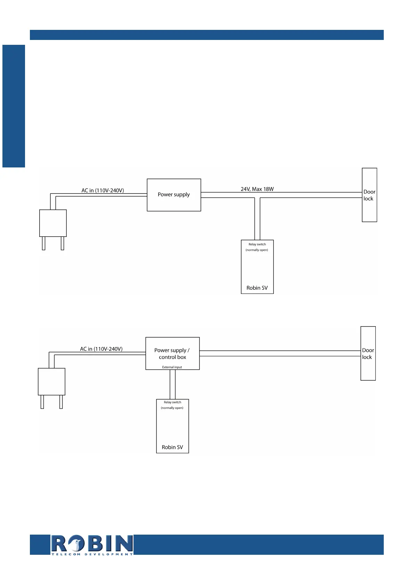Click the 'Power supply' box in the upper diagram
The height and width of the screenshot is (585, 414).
pyautogui.click(x=174, y=195)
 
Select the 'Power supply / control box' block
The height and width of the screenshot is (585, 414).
pyautogui.click(x=172, y=353)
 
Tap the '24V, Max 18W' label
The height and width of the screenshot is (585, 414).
pyautogui.click(x=257, y=189)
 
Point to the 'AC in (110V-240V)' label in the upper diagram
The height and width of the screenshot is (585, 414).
pyautogui.click(x=103, y=190)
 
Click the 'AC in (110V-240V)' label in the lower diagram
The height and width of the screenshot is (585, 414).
pyautogui.click(x=101, y=349)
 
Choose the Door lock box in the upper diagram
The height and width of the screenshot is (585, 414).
pyautogui.click(x=369, y=195)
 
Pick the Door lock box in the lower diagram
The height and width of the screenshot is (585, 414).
pyautogui.click(x=368, y=353)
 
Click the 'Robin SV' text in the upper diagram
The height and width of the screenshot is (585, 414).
pyautogui.click(x=257, y=288)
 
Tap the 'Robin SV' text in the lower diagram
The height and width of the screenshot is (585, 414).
pyautogui.click(x=172, y=447)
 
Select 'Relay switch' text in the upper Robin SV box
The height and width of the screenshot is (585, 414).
pyautogui.click(x=257, y=244)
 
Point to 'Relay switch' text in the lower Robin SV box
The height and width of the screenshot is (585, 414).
pyautogui.click(x=172, y=402)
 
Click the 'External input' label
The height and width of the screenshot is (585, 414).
pyautogui.click(x=172, y=367)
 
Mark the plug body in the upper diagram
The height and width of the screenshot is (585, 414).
pyautogui.click(x=53, y=223)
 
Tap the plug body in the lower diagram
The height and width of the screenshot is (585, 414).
pyautogui.click(x=51, y=381)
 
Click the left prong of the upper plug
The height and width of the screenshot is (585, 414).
pyautogui.click(x=43, y=243)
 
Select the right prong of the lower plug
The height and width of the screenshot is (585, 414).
pyautogui.click(x=61, y=402)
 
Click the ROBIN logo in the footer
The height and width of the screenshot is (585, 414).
pyautogui.click(x=92, y=543)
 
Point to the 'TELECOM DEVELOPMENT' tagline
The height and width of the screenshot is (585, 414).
pyautogui.click(x=92, y=554)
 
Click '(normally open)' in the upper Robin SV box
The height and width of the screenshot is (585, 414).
pyautogui.click(x=257, y=250)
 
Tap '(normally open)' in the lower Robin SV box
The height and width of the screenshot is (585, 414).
pyautogui.click(x=172, y=408)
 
